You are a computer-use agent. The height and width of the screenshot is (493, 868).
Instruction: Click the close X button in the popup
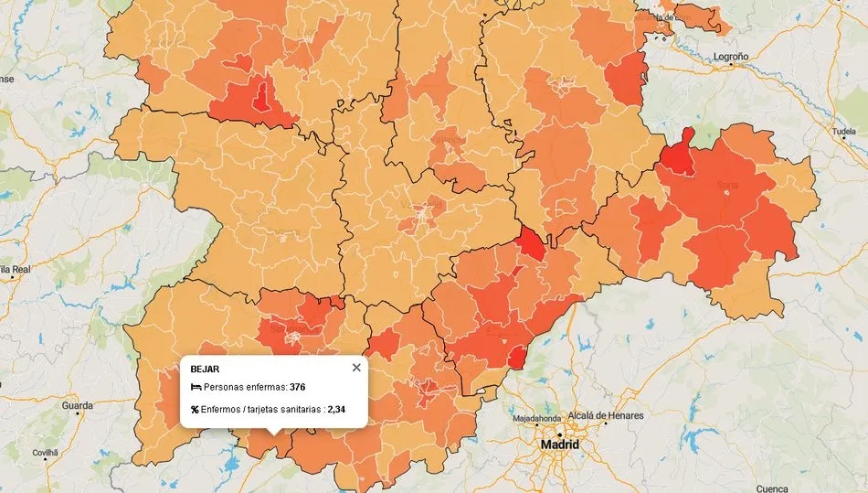tap(356, 368)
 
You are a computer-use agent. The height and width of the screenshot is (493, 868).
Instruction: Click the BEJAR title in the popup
tap(205, 369)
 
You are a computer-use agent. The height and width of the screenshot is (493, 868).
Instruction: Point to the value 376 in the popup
tap(297, 388)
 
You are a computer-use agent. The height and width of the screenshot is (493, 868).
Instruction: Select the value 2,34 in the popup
tap(336, 410)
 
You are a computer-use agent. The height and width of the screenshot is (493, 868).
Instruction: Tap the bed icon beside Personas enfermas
tap(196, 388)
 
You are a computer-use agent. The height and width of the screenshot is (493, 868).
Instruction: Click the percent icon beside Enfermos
tap(195, 410)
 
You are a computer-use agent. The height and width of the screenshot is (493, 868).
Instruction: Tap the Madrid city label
tap(559, 445)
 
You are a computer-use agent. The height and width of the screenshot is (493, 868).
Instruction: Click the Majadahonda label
tap(536, 419)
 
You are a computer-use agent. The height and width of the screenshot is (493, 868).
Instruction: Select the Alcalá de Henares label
tap(606, 415)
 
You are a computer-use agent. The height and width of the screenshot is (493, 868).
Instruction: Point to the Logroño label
tap(731, 57)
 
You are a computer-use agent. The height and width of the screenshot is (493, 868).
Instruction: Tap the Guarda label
tap(77, 405)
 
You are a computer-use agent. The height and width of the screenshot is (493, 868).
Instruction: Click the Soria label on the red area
tap(727, 186)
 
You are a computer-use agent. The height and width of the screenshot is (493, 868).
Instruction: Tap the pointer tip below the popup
tap(274, 434)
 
